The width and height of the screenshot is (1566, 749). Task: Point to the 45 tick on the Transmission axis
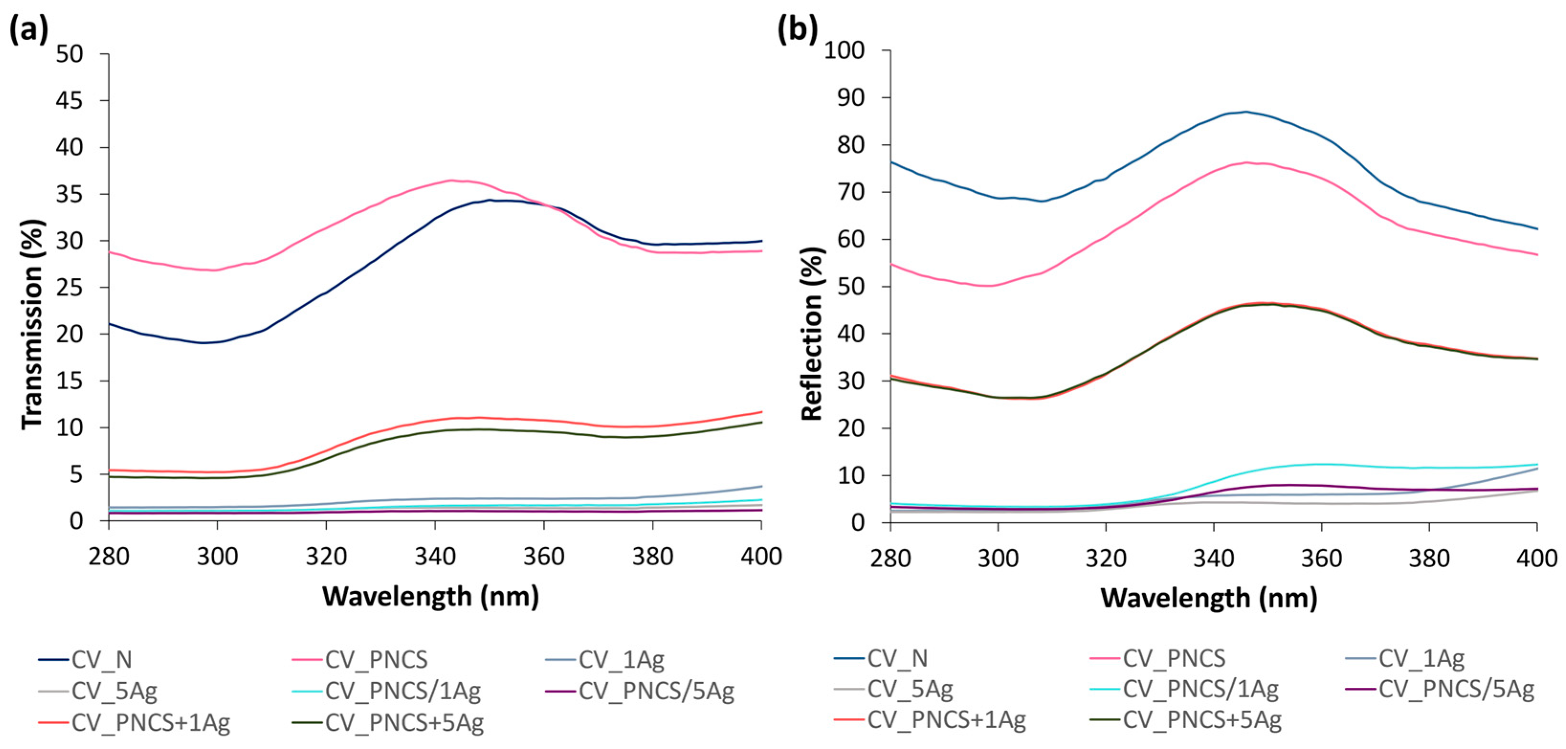(69, 100)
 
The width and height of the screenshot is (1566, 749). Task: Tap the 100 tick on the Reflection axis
(844, 51)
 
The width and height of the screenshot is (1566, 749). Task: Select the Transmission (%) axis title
(33, 324)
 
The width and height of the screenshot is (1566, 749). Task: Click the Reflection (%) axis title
(812, 334)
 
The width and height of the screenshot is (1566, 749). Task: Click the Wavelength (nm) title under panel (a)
(430, 596)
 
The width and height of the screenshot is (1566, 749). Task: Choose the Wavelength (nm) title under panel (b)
(1209, 598)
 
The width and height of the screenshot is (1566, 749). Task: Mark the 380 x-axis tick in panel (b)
(1429, 558)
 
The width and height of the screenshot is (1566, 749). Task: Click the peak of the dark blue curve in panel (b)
(1246, 112)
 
